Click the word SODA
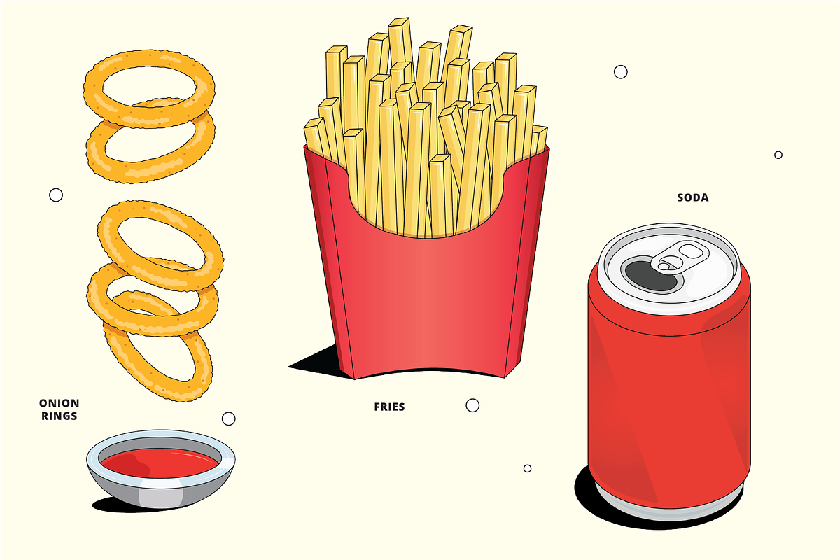point(692,197)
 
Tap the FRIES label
point(389,407)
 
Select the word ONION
point(59,403)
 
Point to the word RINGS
point(59,416)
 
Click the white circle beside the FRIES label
point(472,405)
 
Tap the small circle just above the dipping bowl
point(228,419)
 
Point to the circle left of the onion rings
point(56,195)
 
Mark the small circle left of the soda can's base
point(527,468)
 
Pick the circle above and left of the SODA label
point(620,71)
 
